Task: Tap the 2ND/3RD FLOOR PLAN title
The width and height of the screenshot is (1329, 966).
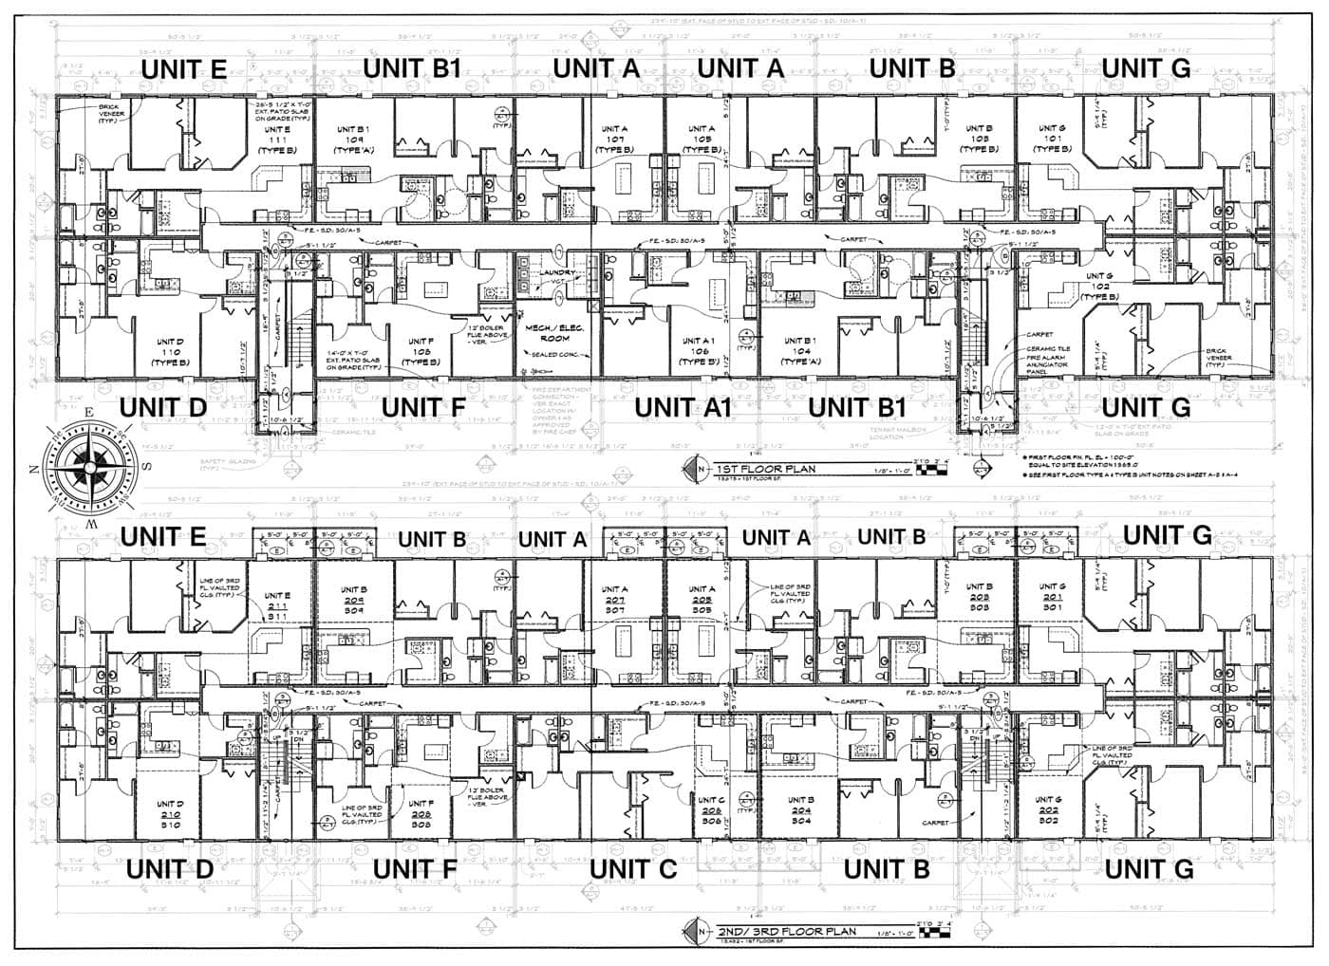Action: tap(775, 931)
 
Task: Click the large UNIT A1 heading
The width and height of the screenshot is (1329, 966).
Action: tap(683, 407)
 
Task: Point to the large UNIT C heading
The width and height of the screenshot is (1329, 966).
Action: tap(633, 869)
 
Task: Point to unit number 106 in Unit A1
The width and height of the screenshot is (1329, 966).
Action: tap(698, 351)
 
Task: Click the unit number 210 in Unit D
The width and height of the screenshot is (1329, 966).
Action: tap(171, 814)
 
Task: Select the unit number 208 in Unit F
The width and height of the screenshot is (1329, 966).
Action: tap(422, 814)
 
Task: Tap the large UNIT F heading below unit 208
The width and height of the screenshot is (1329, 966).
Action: tap(415, 869)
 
